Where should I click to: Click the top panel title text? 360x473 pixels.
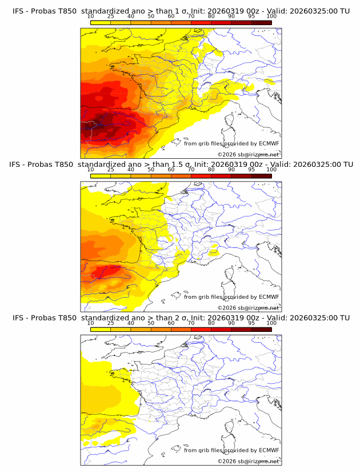click(x=180, y=11)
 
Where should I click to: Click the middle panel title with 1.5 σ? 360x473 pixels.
click(x=180, y=164)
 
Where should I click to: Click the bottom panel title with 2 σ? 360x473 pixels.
click(x=180, y=318)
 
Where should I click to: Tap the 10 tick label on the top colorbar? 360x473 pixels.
click(x=91, y=16)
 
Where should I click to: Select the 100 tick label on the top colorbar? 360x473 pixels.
click(x=271, y=16)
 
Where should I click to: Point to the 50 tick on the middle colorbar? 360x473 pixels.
click(x=151, y=170)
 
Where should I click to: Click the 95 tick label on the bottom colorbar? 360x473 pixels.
click(x=251, y=323)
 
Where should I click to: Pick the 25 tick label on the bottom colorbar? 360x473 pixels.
click(x=111, y=323)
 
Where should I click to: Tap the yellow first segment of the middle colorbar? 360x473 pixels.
click(x=101, y=176)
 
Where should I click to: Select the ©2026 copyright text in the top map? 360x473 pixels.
click(x=248, y=154)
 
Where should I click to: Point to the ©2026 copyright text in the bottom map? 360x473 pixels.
click(x=248, y=461)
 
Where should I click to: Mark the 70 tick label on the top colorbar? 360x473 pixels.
click(x=191, y=16)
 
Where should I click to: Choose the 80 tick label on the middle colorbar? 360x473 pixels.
click(x=211, y=170)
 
